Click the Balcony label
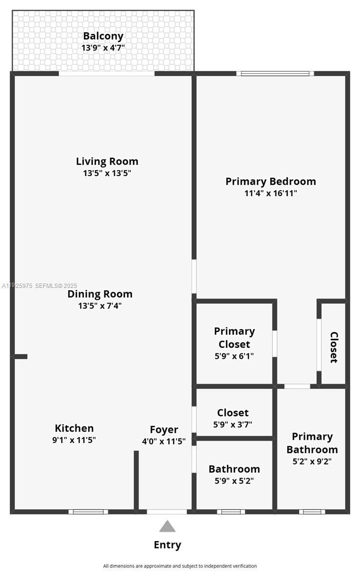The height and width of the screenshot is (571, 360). (x=103, y=36)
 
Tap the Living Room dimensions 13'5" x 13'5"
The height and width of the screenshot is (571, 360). (x=107, y=173)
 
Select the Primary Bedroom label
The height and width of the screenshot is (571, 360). (x=270, y=181)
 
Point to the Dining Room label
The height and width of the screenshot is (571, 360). (x=100, y=294)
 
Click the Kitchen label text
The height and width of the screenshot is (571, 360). (x=74, y=428)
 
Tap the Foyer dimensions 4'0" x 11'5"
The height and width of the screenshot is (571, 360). (x=164, y=441)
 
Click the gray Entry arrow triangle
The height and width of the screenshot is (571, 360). (x=167, y=526)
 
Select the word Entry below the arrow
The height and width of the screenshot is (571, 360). (x=167, y=545)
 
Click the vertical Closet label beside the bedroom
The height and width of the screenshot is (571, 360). (x=334, y=347)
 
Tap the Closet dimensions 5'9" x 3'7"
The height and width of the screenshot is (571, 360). (x=233, y=424)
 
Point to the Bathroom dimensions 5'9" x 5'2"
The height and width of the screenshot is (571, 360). (x=234, y=481)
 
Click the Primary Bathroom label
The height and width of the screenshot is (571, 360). (x=312, y=443)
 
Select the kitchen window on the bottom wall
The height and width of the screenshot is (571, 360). (x=88, y=512)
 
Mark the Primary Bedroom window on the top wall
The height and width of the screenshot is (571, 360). (x=275, y=73)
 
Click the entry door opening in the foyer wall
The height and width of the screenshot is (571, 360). (x=167, y=512)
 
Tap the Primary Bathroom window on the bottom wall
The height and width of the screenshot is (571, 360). (x=312, y=512)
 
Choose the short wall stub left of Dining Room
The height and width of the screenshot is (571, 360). (x=20, y=356)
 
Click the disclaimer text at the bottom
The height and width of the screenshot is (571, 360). (x=180, y=566)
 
